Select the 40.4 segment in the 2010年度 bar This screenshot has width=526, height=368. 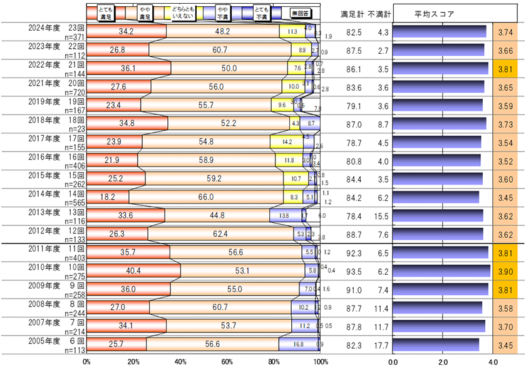133,270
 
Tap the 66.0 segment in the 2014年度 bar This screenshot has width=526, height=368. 206,197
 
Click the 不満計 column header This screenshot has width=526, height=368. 379,13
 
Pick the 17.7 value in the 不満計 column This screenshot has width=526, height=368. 379,344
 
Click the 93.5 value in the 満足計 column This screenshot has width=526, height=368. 353,270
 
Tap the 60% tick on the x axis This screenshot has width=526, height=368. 227,362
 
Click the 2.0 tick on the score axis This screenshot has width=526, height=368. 443,362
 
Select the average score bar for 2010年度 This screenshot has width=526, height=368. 441,270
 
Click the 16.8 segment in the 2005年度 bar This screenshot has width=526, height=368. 298,344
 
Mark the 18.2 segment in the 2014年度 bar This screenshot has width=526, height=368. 108,197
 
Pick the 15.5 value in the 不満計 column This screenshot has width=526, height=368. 379,216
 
